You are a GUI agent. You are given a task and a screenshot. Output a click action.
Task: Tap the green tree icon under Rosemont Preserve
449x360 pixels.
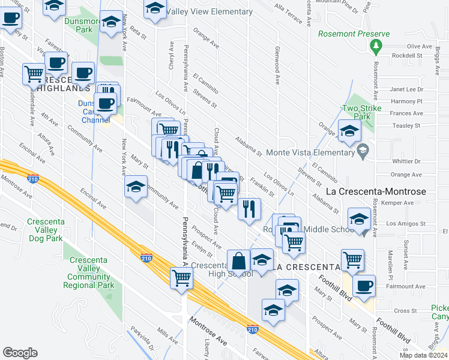(376, 45)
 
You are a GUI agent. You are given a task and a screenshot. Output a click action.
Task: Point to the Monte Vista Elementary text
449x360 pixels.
(310, 152)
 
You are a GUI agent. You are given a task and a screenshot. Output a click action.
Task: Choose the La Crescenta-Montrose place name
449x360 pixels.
(375, 192)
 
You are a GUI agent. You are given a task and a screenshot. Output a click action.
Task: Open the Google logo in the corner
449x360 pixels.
(20, 352)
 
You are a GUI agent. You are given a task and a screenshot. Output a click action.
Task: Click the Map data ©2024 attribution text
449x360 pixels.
(423, 355)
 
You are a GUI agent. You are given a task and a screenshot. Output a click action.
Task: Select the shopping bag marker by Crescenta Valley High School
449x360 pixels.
(238, 261)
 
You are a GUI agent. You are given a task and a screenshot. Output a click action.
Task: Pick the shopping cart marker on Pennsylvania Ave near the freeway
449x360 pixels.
(181, 278)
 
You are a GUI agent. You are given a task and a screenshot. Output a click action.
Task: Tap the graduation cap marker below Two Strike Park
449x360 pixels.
(349, 131)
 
